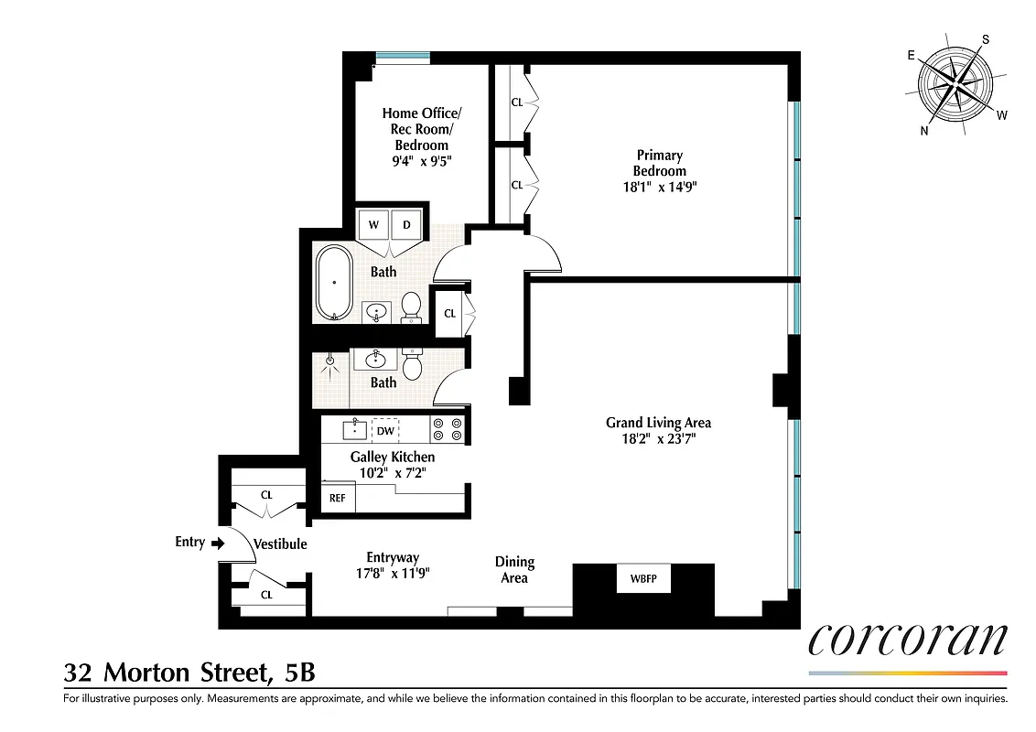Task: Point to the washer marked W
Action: click(x=373, y=225)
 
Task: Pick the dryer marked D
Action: click(x=406, y=225)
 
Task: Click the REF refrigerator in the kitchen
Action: click(x=338, y=499)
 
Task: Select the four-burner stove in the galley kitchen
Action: click(x=448, y=429)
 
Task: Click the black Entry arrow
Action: click(x=217, y=543)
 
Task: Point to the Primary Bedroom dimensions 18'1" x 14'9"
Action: click(x=659, y=188)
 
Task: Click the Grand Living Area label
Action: click(x=658, y=422)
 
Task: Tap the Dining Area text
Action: click(x=514, y=569)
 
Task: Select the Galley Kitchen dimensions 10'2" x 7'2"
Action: click(x=392, y=473)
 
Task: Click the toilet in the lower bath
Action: click(x=412, y=364)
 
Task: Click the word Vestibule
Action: click(x=280, y=544)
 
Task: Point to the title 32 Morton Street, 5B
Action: click(x=189, y=673)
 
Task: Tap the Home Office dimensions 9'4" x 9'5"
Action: click(x=421, y=161)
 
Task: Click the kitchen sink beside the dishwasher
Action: click(x=354, y=428)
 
